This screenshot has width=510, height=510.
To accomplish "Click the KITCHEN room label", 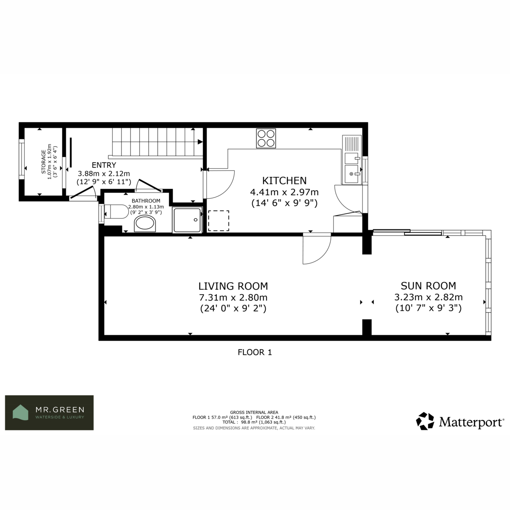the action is click(x=284, y=181).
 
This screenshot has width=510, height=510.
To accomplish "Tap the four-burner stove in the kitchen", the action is click(x=266, y=139).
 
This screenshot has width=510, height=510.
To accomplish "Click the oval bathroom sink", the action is click(x=145, y=224).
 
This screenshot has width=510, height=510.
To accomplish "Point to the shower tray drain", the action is click(x=195, y=220).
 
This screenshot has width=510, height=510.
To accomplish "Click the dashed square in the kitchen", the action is click(x=218, y=221).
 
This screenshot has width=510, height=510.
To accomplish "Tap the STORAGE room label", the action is click(x=43, y=161).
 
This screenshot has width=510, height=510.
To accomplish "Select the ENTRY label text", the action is click(x=104, y=165).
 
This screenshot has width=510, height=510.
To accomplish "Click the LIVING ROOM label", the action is click(x=233, y=286).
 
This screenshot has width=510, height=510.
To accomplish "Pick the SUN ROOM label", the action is click(x=428, y=286).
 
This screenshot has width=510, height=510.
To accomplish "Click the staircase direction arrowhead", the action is click(x=200, y=142).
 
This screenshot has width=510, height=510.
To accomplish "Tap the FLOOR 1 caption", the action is click(x=255, y=352).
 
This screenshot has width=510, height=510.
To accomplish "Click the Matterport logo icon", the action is click(x=425, y=421).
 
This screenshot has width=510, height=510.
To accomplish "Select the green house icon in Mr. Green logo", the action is click(x=21, y=413).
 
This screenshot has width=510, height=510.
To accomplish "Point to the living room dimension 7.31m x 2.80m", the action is click(x=233, y=297).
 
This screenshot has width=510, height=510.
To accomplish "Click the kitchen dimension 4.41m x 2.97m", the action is click(x=284, y=192).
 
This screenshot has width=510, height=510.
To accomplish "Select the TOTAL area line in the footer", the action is click(x=254, y=422).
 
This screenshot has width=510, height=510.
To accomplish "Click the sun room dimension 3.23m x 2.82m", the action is click(x=428, y=297).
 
